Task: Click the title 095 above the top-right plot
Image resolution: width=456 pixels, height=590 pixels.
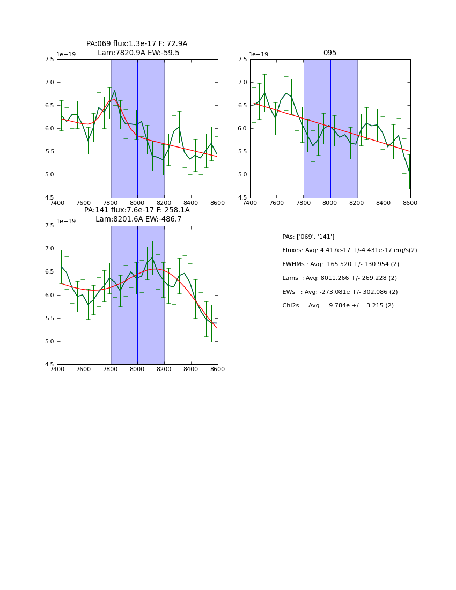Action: [330, 53]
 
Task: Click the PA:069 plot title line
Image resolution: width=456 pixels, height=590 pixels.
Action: [137, 44]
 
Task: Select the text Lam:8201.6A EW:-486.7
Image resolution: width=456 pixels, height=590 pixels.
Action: [138, 219]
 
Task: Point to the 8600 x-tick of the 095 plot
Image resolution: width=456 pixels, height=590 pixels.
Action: [410, 203]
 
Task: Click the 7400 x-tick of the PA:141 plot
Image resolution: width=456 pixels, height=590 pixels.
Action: [57, 369]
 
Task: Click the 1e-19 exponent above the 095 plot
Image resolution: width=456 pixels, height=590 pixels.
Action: [259, 54]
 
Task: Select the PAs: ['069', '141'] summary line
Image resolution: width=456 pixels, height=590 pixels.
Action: [308, 237]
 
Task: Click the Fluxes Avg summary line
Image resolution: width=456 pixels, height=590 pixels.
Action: [349, 250]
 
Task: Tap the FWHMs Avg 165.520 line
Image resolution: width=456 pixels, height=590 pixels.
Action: [341, 264]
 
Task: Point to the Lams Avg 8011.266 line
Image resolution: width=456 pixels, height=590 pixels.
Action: [340, 278]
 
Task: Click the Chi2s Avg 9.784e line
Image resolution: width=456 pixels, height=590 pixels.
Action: [338, 305]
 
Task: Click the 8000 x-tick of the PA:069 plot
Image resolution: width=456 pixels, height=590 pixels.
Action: [137, 203]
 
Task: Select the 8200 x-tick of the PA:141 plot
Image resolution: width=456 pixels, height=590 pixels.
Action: [164, 369]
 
